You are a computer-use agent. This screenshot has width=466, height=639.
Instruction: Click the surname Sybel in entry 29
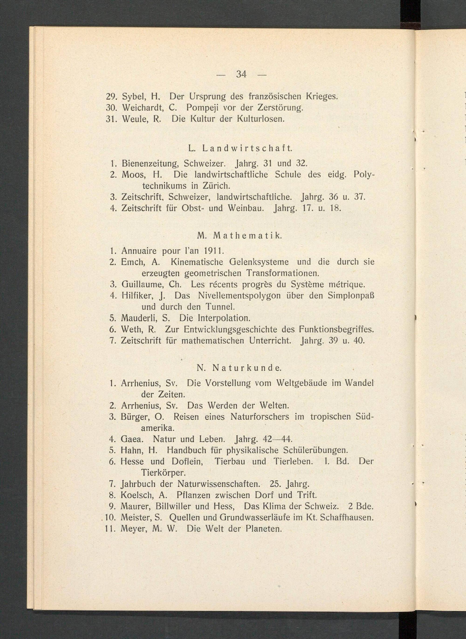point(132,97)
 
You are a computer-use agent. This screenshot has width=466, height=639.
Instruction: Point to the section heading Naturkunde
point(247,368)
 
